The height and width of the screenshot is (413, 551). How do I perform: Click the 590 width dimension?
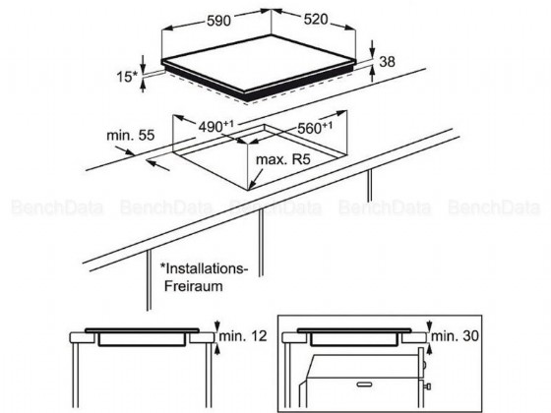coord(218,21)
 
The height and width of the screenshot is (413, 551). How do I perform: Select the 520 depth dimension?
coord(316,20)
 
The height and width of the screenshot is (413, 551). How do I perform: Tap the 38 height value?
coord(388,61)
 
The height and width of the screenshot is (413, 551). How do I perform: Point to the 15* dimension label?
coord(127,77)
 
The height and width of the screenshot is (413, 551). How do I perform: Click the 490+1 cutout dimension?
coord(216,127)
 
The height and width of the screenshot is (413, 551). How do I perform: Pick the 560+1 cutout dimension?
coord(315,128)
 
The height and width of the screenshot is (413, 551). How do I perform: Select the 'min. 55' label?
coord(130,136)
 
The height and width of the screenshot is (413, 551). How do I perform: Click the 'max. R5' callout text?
coord(283,159)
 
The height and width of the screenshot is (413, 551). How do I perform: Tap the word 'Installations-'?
coord(205,268)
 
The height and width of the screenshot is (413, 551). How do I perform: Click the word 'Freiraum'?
coord(194,286)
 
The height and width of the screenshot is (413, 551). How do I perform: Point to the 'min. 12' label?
coord(243,336)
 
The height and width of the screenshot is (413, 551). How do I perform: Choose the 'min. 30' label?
coord(455,336)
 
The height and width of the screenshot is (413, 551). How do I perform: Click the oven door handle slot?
coord(364,384)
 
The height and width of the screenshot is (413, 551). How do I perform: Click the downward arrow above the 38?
coord(373,48)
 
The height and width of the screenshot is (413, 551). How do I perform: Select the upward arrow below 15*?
coord(143,86)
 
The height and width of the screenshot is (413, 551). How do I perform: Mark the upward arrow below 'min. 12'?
coord(217,349)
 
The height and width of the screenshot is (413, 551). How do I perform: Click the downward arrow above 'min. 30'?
coord(429,325)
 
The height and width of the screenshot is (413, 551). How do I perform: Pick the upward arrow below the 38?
coord(373,75)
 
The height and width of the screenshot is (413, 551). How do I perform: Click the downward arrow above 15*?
coord(143,64)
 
